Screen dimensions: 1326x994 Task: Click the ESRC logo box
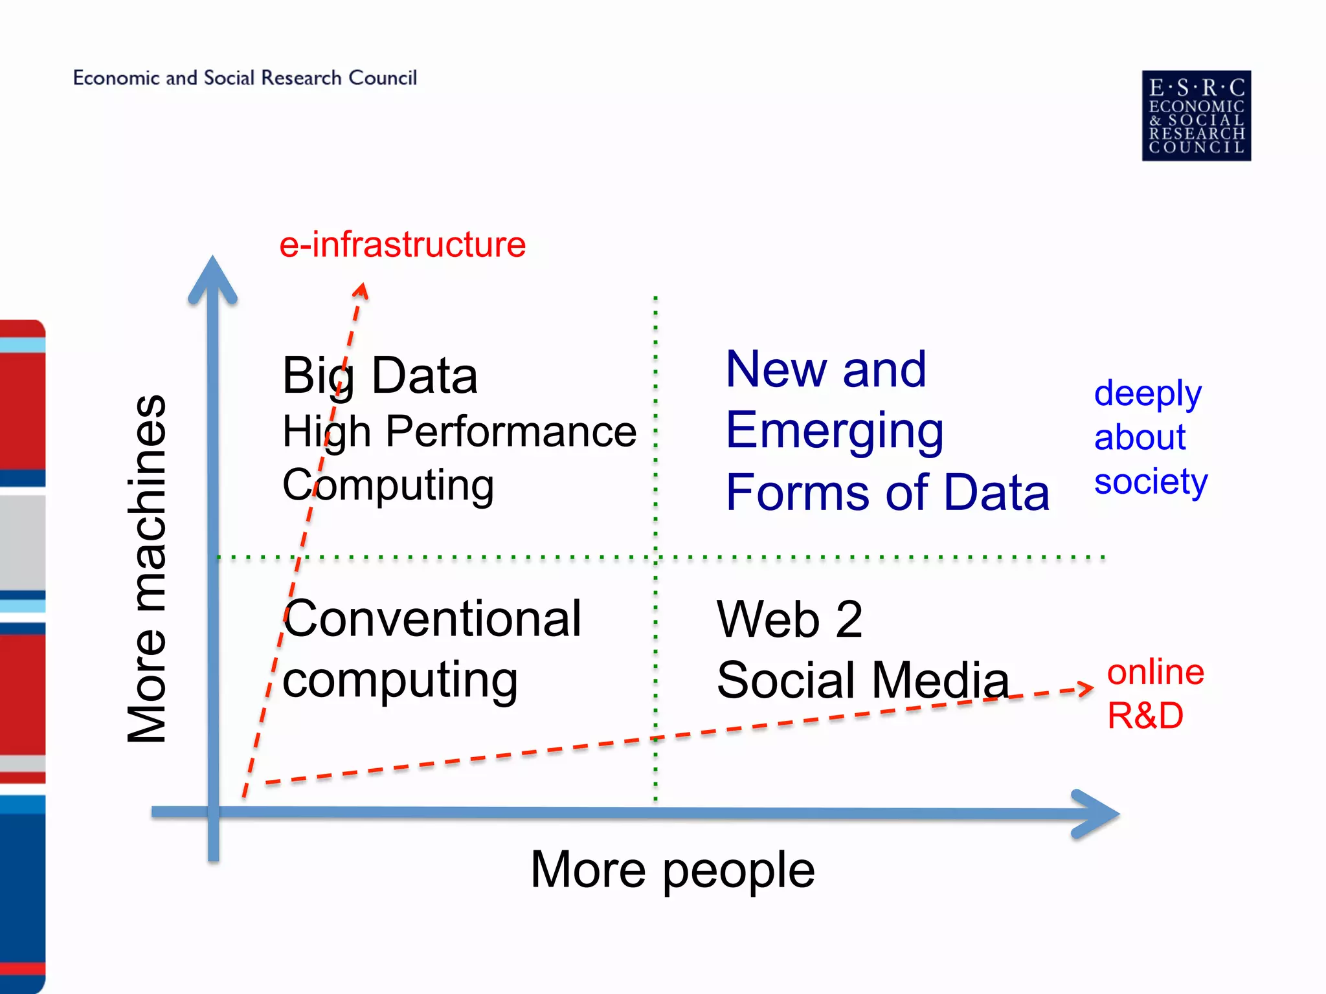pos(1196,116)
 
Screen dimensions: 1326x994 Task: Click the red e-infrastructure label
pos(402,245)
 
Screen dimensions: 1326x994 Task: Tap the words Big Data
pos(380,376)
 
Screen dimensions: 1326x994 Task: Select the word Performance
pos(511,432)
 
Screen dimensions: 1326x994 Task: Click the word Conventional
pos(433,619)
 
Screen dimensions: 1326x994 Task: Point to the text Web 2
pos(789,619)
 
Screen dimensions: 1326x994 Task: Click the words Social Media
pos(862,680)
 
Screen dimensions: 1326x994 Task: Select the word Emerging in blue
pos(834,432)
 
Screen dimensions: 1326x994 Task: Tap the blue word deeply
pos(1147,393)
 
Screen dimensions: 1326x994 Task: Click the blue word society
pos(1151,482)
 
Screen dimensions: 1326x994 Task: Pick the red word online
pos(1155,672)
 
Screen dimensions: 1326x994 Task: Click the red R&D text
pos(1145,716)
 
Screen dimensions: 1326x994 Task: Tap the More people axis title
pos(672,870)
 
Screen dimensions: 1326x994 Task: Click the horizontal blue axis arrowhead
pos(1096,813)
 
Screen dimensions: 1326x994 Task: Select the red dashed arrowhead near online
pos(1085,689)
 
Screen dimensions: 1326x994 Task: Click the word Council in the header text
pos(383,78)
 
